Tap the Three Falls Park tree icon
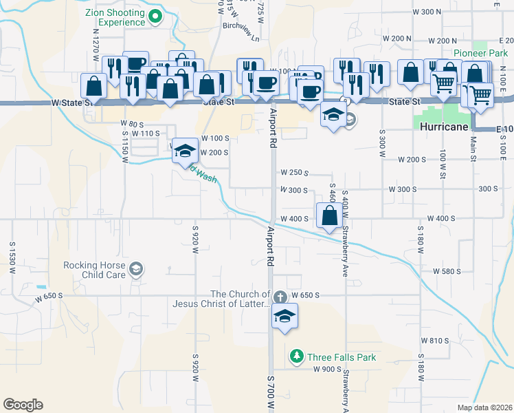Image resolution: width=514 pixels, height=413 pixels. tap(296, 357)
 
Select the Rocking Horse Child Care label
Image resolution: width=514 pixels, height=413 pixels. tap(94, 270)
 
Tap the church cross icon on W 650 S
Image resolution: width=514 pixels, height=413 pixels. tap(279, 297)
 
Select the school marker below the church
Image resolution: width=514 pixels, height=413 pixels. tap(282, 317)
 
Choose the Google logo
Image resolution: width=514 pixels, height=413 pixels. tap(23, 405)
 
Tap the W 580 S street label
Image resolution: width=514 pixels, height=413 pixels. tap(447, 271)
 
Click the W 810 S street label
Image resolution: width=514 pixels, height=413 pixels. tap(434, 341)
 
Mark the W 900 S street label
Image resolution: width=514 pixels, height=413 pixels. tap(327, 369)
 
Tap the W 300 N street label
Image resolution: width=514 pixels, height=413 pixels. tap(426, 12)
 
